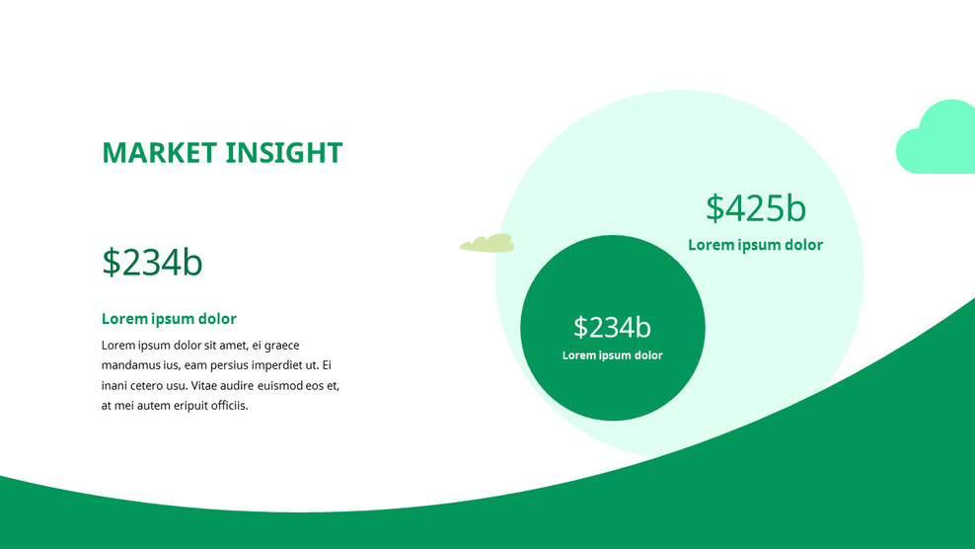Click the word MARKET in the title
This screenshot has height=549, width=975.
pyautogui.click(x=159, y=153)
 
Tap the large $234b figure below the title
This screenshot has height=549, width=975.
pyautogui.click(x=152, y=263)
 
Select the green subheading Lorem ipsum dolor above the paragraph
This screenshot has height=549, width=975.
pyautogui.click(x=169, y=319)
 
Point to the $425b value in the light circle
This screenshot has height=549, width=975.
pyautogui.click(x=756, y=208)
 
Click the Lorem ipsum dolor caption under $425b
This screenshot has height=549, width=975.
pyautogui.click(x=755, y=245)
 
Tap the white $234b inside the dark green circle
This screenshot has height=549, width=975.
pyautogui.click(x=612, y=327)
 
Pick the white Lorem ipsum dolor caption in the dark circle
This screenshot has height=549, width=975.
pyautogui.click(x=612, y=355)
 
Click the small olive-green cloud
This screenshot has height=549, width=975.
pyautogui.click(x=487, y=243)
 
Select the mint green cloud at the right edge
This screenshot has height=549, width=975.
pyautogui.click(x=937, y=140)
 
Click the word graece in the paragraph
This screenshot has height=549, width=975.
pyautogui.click(x=279, y=346)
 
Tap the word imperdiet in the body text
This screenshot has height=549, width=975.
pyautogui.click(x=278, y=365)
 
